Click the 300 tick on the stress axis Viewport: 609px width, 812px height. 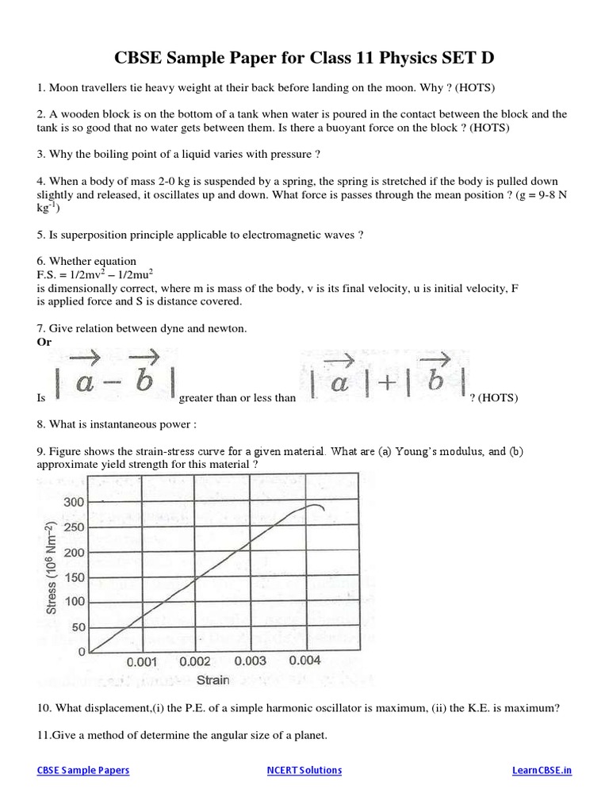pyautogui.click(x=74, y=502)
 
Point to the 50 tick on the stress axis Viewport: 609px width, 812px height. pyautogui.click(x=77, y=626)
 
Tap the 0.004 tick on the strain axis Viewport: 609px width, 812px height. pyautogui.click(x=305, y=660)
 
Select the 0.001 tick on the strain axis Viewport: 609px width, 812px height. pyautogui.click(x=142, y=661)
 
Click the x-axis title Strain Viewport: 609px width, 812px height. pyautogui.click(x=212, y=680)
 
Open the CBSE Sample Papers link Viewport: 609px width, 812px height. pyautogui.click(x=83, y=770)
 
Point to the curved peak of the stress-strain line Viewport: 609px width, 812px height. pyautogui.click(x=314, y=505)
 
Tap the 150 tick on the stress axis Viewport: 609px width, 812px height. pyautogui.click(x=74, y=576)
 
